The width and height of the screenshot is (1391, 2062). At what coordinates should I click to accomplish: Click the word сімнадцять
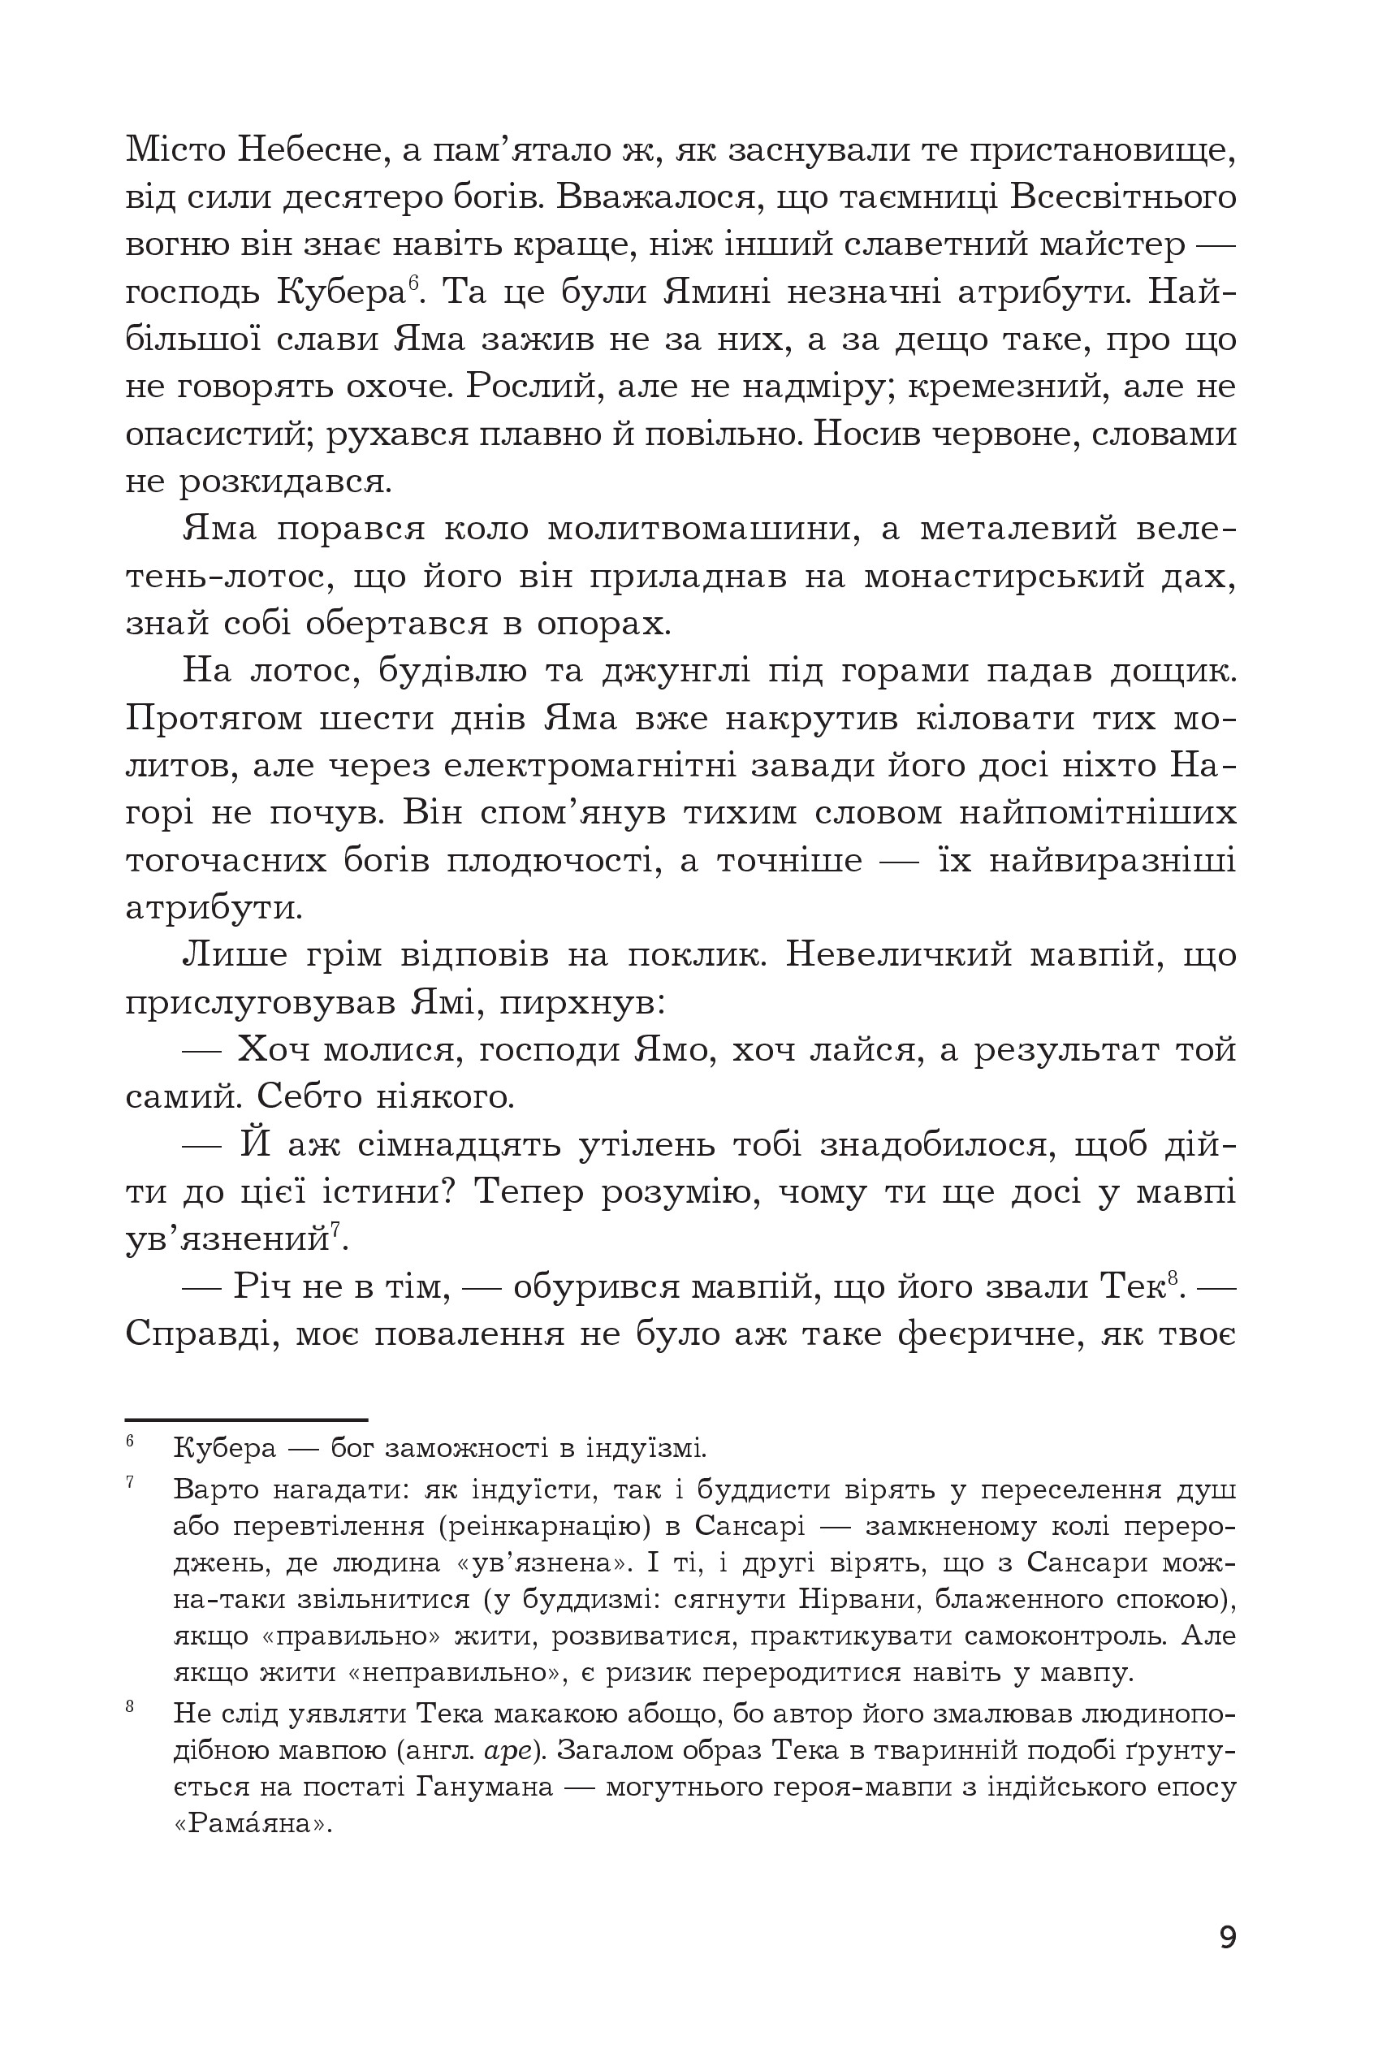coord(453,1145)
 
